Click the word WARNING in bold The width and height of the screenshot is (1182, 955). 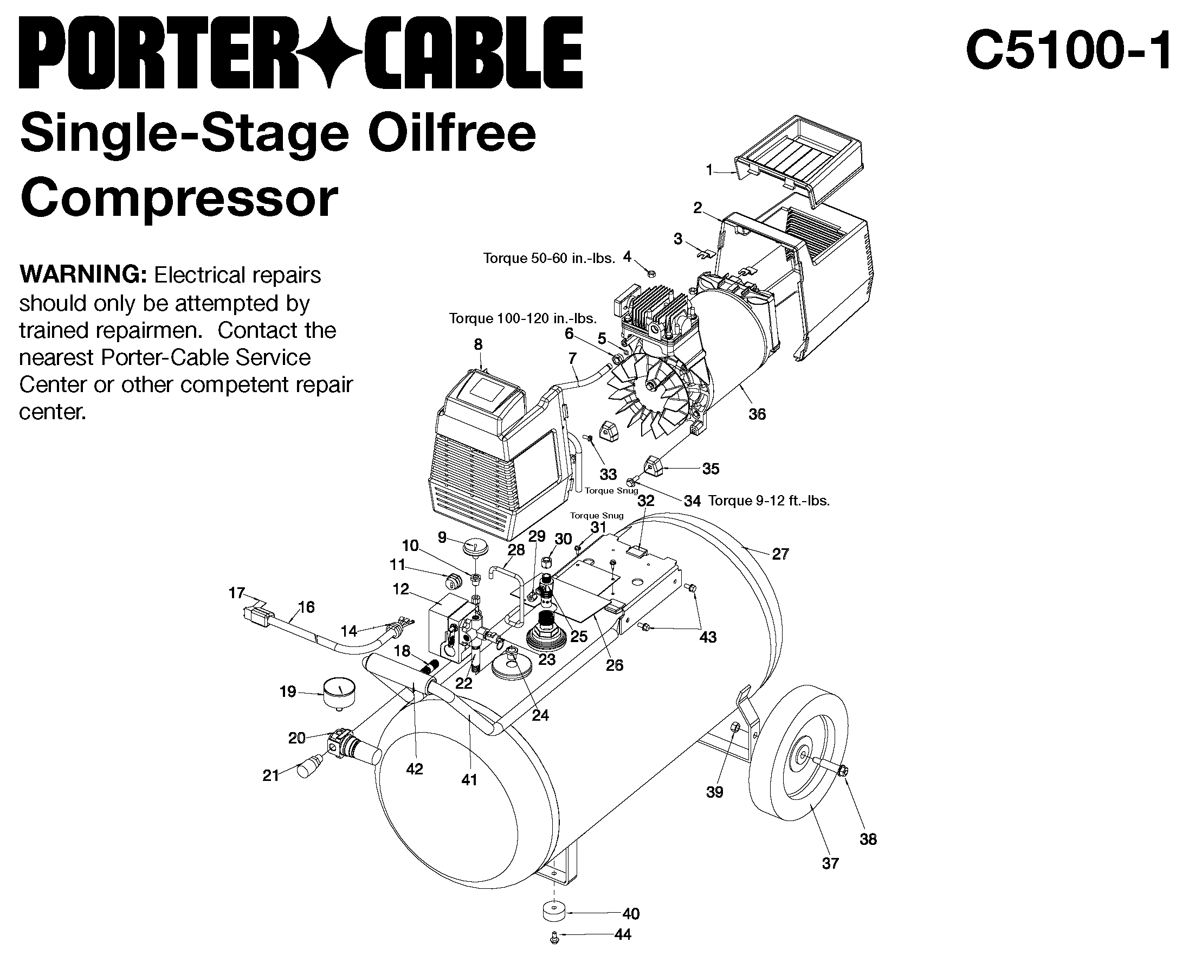[x=82, y=274]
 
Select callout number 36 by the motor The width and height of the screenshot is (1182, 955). [x=757, y=414]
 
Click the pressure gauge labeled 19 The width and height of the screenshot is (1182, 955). [x=338, y=694]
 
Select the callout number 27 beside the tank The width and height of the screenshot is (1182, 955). [x=780, y=554]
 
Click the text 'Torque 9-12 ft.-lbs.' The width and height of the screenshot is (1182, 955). [x=768, y=501]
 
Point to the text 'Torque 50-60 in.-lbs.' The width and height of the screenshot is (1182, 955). [x=548, y=258]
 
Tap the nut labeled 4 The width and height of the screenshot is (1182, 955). [x=650, y=273]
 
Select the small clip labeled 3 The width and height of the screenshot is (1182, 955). [x=704, y=254]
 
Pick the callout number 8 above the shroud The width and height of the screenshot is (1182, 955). [x=479, y=344]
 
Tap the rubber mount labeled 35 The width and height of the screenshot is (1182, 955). [x=654, y=467]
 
